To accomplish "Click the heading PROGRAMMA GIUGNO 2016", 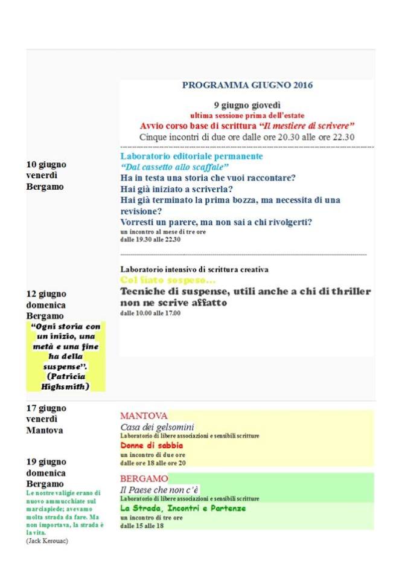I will point(247,85).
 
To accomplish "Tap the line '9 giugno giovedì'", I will point(247,104).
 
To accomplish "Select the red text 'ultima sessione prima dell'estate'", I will point(247,115).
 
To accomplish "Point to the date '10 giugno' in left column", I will point(46,164).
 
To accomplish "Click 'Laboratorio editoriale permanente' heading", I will point(191,156).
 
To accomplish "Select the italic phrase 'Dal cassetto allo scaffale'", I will point(175,167).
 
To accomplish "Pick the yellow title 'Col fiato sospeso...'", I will point(168,280).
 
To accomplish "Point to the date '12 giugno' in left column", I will point(46,294).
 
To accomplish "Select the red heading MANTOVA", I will point(144,416).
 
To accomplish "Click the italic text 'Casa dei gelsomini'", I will point(157,427).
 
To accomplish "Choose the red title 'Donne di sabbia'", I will point(151,445).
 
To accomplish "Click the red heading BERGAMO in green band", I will point(144,478).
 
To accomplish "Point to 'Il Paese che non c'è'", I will point(159,489).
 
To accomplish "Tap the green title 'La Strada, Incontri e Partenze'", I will point(183,509).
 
